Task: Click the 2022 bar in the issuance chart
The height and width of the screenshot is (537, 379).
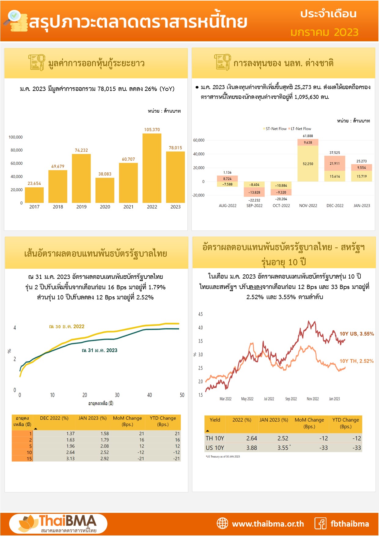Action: [x=152, y=168]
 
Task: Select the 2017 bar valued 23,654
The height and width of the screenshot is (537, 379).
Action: [x=34, y=195]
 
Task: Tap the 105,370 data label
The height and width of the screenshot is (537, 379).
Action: [x=152, y=130]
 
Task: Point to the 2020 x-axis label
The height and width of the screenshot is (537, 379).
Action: [x=105, y=207]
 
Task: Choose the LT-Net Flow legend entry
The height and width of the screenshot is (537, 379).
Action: [x=300, y=129]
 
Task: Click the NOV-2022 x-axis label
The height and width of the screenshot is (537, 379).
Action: [x=308, y=206]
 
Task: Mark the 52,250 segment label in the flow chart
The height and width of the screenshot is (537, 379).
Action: [x=308, y=164]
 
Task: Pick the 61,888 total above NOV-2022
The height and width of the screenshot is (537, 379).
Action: [x=308, y=136]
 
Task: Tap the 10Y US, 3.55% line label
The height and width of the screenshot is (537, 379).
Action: [x=357, y=334]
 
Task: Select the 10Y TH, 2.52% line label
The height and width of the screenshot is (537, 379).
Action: [x=356, y=361]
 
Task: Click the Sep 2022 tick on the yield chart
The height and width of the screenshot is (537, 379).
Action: [x=291, y=399]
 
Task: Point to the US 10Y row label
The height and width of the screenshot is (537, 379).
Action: [x=215, y=448]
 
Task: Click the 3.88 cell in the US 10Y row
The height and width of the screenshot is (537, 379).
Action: [x=252, y=448]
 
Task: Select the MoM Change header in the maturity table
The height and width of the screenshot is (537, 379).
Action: [x=127, y=421]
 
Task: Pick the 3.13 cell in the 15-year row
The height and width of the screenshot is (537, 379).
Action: [x=70, y=459]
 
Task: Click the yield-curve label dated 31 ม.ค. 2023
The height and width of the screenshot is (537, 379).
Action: [x=100, y=350]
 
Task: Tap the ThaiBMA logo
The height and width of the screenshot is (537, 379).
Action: [x=58, y=524]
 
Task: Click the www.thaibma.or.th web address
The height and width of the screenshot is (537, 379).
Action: [x=268, y=524]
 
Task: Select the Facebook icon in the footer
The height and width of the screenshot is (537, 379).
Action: [x=321, y=524]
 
